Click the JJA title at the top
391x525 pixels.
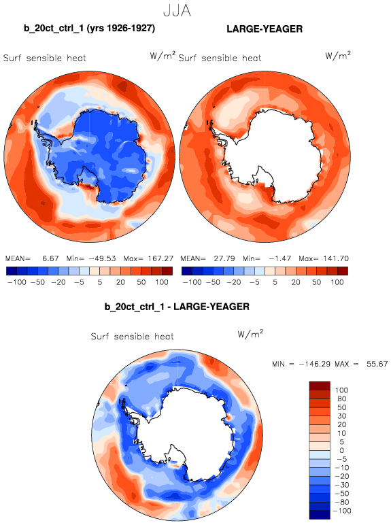point(177,10)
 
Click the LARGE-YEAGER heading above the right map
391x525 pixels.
point(265,29)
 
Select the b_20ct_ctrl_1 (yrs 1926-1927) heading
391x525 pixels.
point(89,29)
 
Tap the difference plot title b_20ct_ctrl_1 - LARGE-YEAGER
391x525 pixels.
point(177,307)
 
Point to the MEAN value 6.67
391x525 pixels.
point(50,258)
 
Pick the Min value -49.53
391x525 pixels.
point(102,258)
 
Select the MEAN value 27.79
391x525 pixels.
point(224,258)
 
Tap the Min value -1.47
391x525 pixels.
point(280,258)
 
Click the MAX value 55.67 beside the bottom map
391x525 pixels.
point(377,364)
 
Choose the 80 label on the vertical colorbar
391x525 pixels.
point(342,399)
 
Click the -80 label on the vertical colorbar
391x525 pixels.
point(342,502)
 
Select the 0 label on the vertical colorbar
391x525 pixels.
point(342,450)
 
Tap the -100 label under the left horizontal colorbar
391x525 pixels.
point(17,282)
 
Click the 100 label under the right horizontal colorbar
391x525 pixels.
point(337,282)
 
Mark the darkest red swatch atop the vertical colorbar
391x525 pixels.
point(320,386)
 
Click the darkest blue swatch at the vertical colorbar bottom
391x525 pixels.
point(320,515)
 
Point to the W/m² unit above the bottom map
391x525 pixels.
point(250,334)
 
